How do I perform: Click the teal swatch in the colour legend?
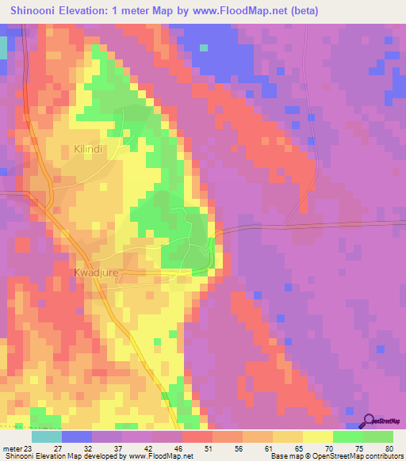pos(47,436)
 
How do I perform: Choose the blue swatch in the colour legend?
pos(77,436)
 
